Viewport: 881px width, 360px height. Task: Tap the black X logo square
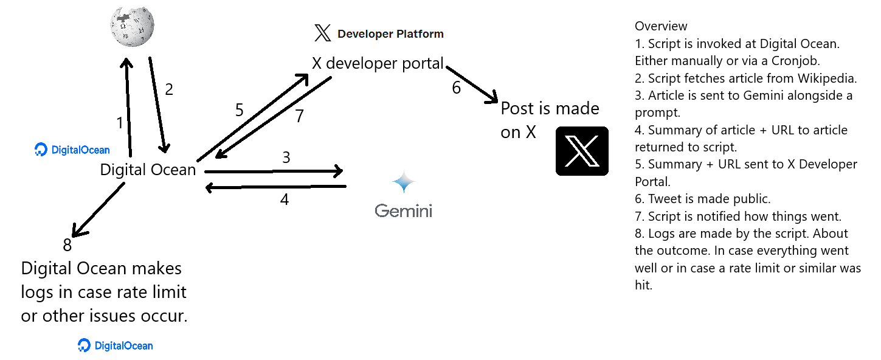[x=582, y=151]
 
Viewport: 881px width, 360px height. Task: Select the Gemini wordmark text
[x=403, y=211]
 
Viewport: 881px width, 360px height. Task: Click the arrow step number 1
[x=120, y=123]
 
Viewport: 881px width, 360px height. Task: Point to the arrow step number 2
[x=169, y=89]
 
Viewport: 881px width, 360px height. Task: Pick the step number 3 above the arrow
[x=286, y=158]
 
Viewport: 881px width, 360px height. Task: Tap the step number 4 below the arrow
[x=284, y=199]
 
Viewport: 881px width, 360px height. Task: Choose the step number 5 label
[x=239, y=110]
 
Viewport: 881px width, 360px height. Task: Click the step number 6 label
[x=456, y=88]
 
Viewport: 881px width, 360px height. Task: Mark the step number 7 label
[x=299, y=116]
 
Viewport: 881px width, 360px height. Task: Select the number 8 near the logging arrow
[x=67, y=245]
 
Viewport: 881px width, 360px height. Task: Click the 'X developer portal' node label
[x=378, y=63]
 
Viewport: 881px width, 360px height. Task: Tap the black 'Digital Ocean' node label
[x=148, y=170]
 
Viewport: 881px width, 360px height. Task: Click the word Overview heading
[x=661, y=26]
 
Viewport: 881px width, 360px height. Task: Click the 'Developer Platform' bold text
[x=390, y=34]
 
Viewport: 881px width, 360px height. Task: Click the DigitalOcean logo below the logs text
[x=116, y=346]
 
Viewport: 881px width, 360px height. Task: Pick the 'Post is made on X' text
[x=550, y=120]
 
